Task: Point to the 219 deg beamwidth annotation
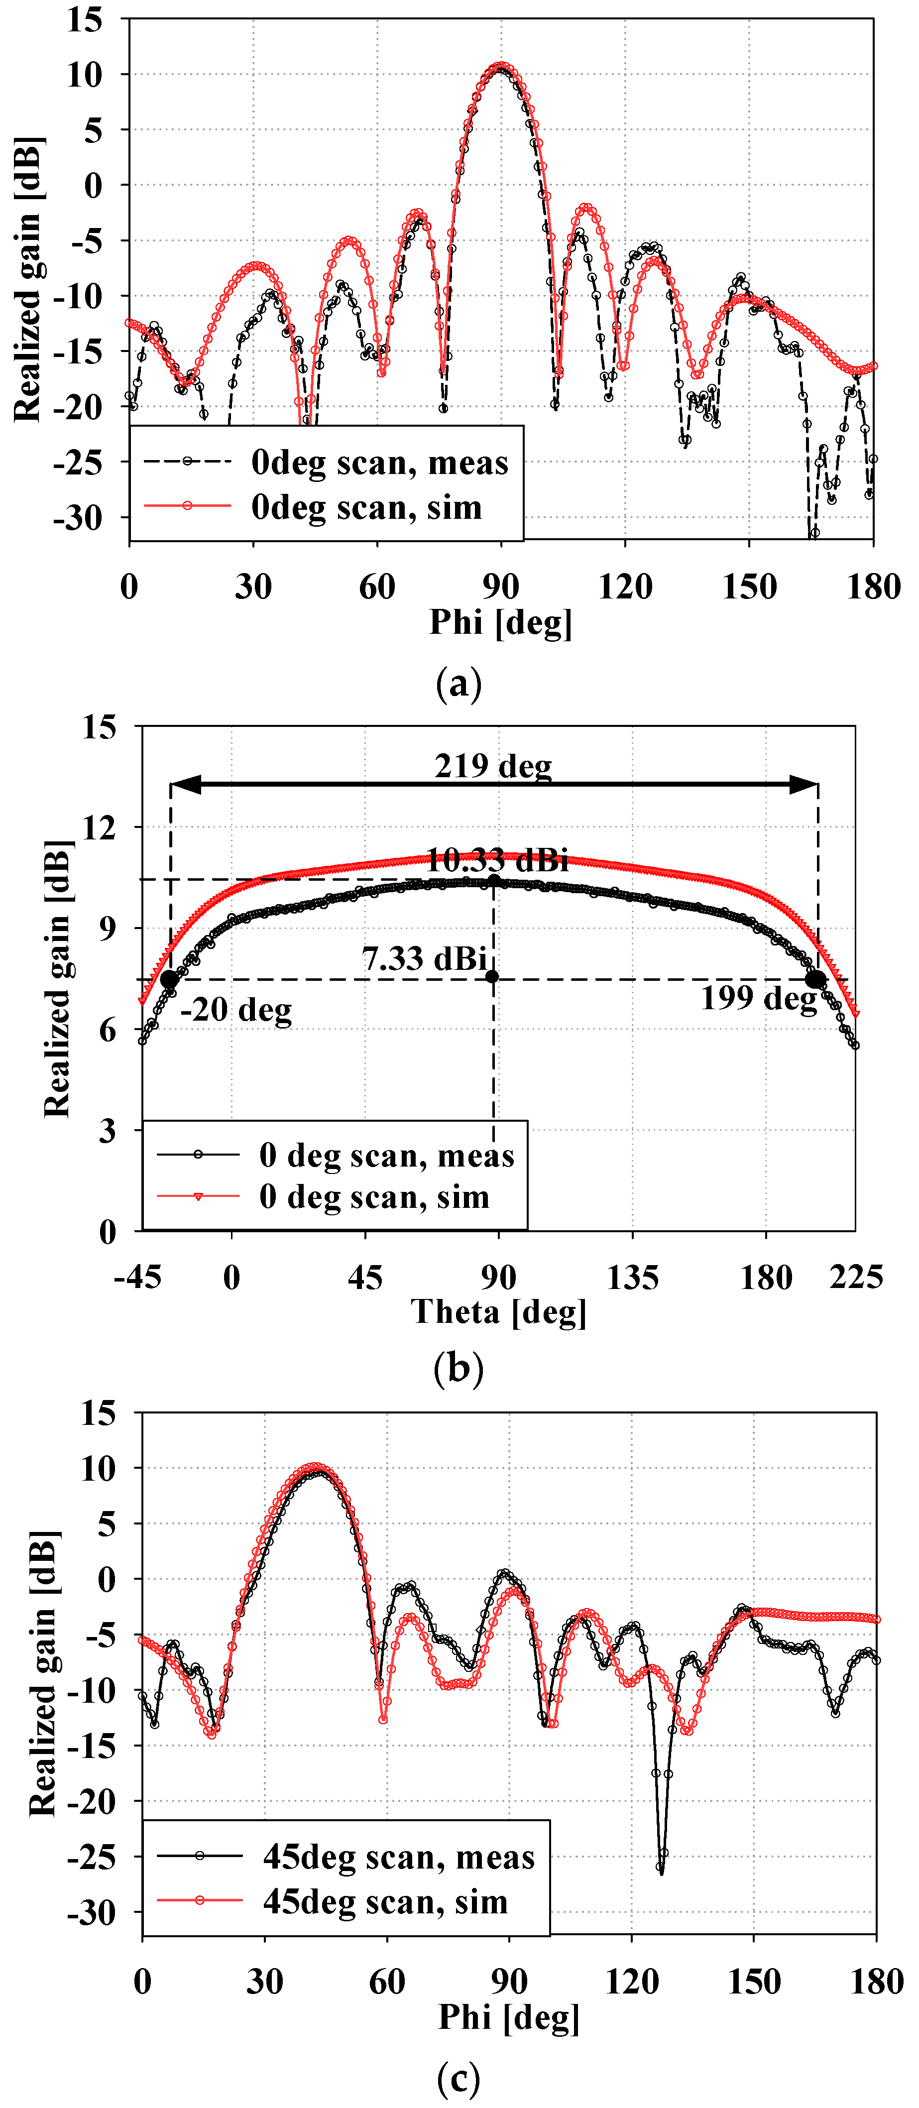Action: (493, 767)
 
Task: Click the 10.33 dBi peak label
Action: (497, 860)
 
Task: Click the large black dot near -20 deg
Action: (169, 979)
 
